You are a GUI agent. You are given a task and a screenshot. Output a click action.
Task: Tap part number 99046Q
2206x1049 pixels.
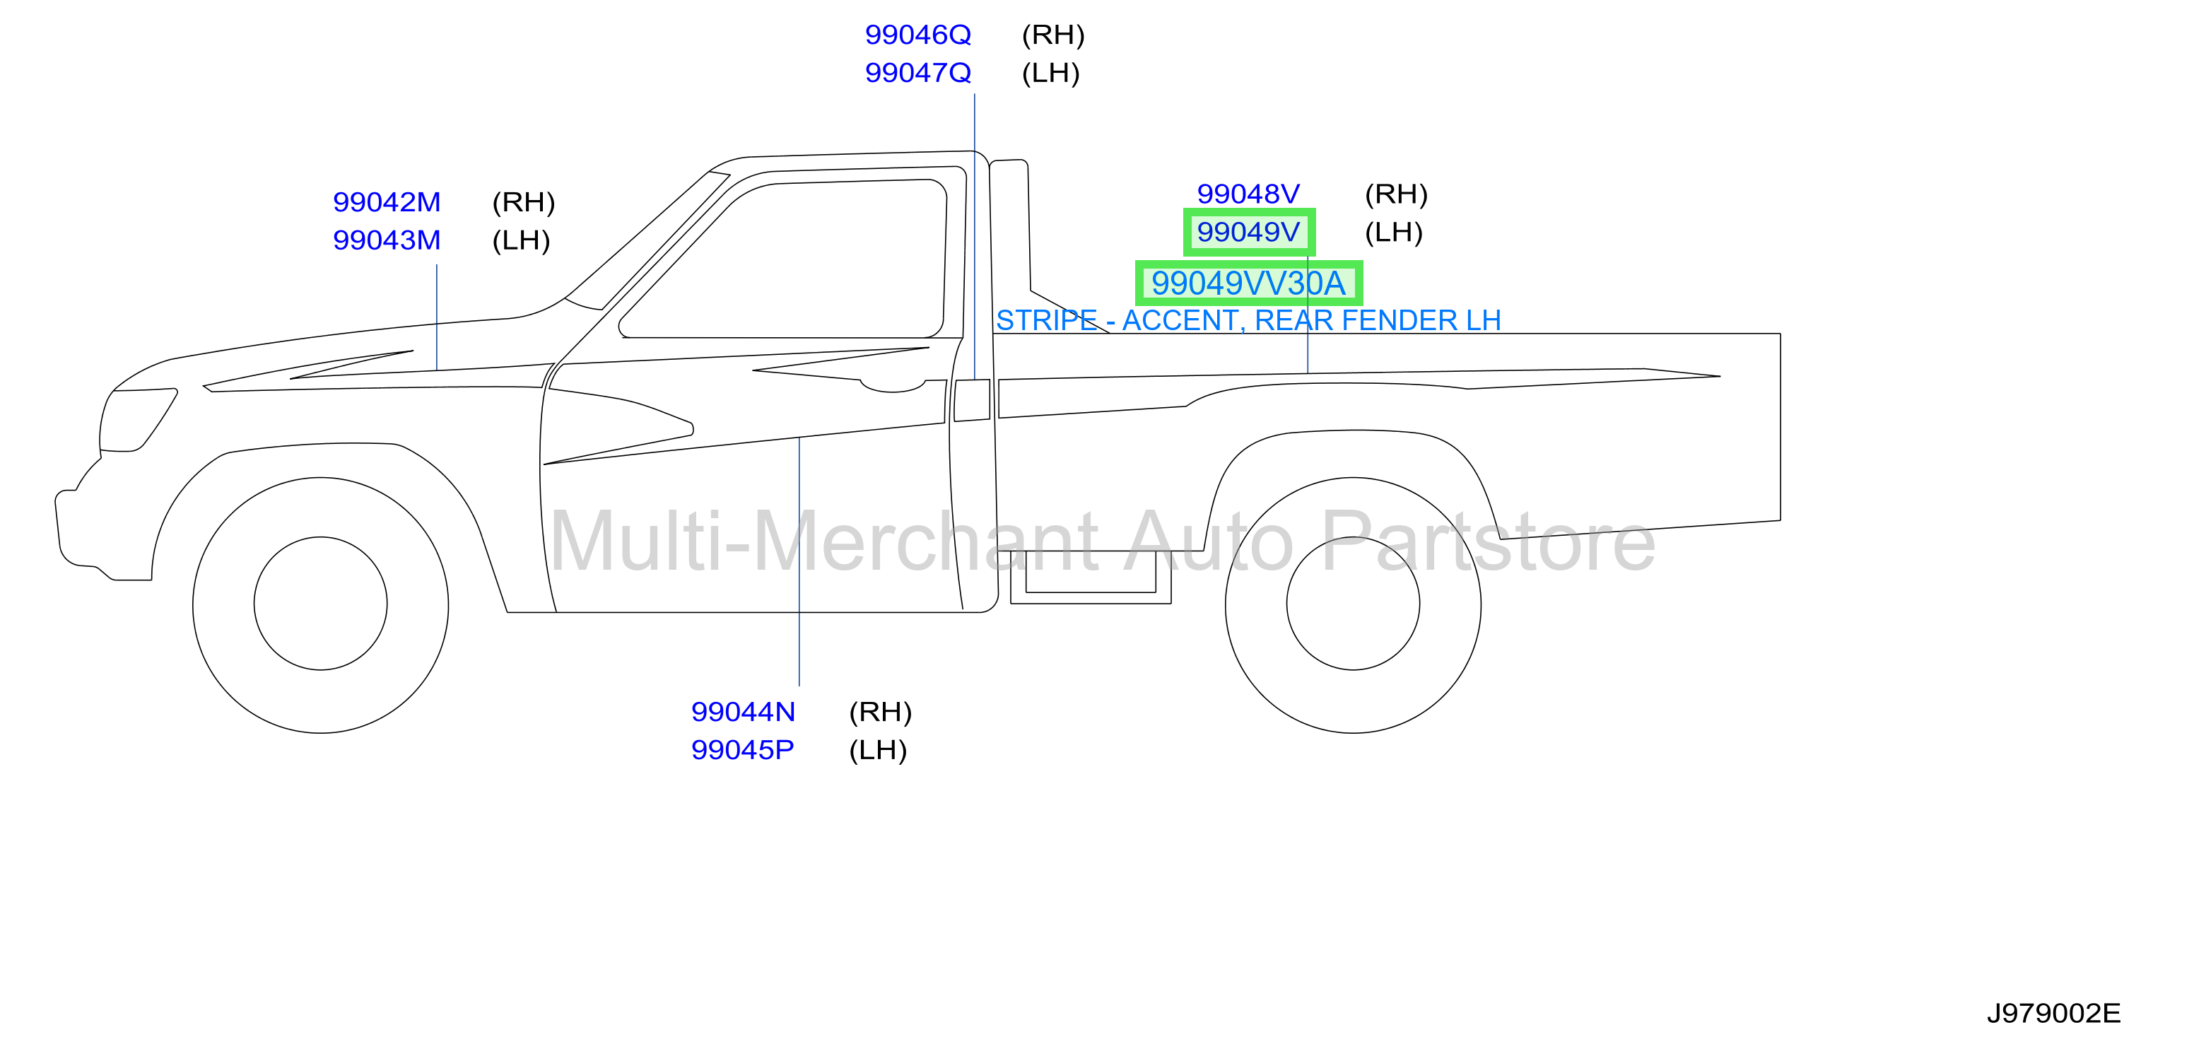918,35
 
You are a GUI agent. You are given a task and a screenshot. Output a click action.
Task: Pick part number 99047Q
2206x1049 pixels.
918,73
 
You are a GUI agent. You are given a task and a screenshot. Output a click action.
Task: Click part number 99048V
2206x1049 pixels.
1248,194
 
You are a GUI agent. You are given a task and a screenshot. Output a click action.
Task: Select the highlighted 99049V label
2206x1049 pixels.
1248,232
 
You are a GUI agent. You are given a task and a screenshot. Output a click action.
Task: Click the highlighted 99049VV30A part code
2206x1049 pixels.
1248,283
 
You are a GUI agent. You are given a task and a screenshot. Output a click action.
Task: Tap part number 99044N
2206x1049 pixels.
744,712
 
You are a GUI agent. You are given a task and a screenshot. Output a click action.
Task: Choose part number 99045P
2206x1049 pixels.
742,750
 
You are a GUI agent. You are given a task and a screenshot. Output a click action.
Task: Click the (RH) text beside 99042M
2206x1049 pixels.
523,202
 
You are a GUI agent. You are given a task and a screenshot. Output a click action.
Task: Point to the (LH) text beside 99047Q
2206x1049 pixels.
1051,73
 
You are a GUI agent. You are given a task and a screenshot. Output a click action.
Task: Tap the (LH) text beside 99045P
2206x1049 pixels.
878,750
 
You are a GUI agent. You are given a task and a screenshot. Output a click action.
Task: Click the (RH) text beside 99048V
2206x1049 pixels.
1396,194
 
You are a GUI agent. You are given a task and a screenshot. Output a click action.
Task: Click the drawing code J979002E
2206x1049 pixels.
2053,1014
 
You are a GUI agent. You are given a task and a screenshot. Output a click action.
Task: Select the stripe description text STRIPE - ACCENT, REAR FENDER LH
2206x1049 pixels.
1248,320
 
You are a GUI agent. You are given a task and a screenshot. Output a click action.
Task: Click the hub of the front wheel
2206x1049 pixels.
320,604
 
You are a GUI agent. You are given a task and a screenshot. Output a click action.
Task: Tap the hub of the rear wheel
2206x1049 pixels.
1353,604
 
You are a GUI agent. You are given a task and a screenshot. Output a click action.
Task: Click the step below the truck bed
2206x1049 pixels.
1091,578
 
